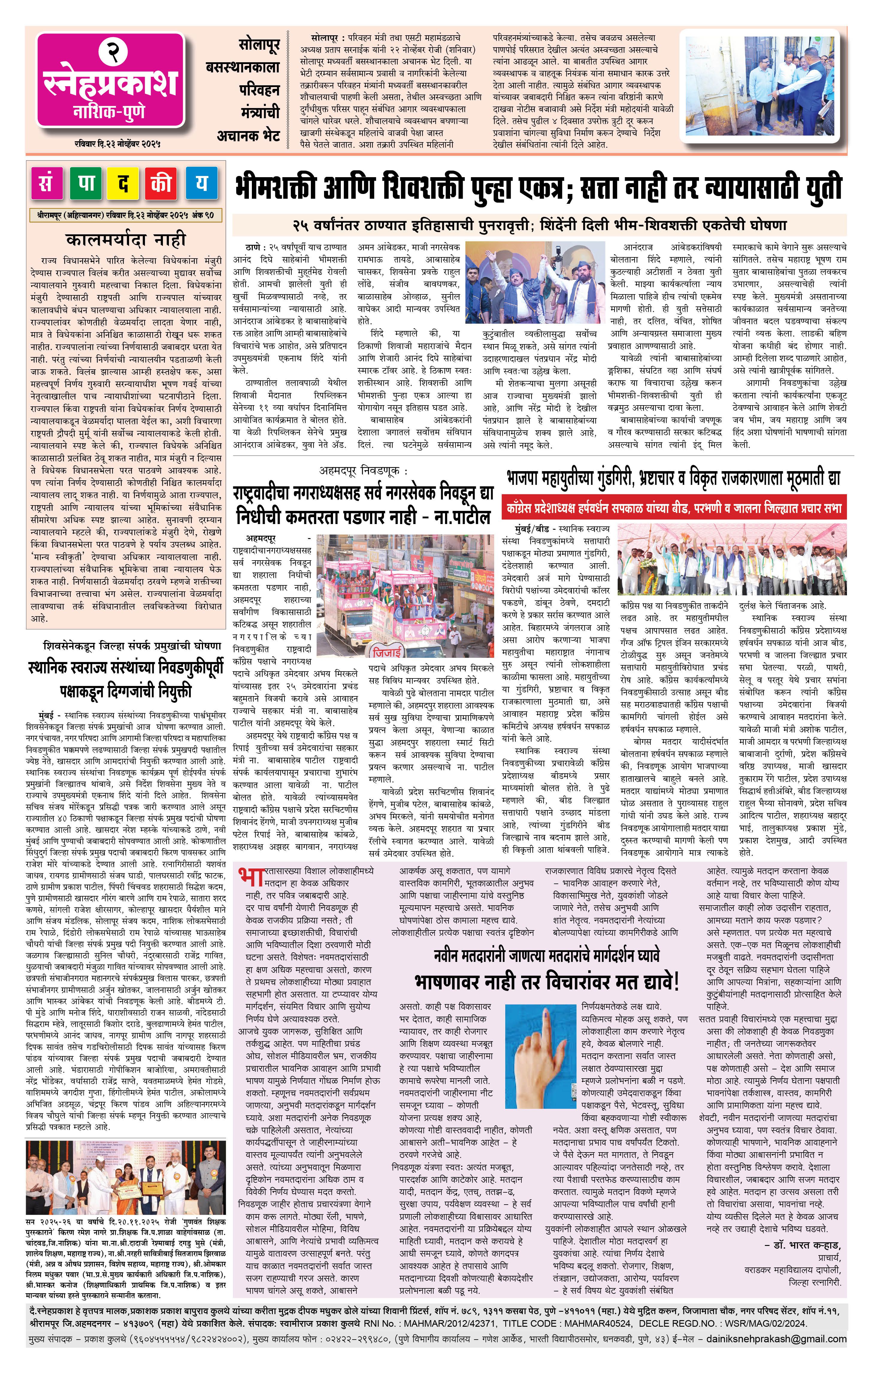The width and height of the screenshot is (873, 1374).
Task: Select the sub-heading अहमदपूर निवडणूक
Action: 364,471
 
